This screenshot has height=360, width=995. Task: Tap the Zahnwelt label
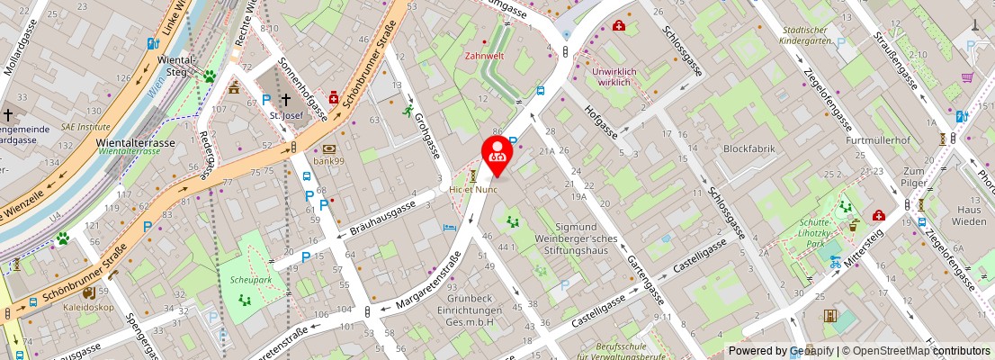pyautogui.click(x=484, y=55)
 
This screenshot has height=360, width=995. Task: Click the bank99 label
pyautogui.click(x=329, y=160)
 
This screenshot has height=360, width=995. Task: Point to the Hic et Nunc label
pyautogui.click(x=473, y=190)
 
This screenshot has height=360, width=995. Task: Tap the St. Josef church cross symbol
pyautogui.click(x=286, y=100)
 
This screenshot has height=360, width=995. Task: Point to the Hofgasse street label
pyautogui.click(x=600, y=122)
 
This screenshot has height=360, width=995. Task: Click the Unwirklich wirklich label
pyautogui.click(x=623, y=76)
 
